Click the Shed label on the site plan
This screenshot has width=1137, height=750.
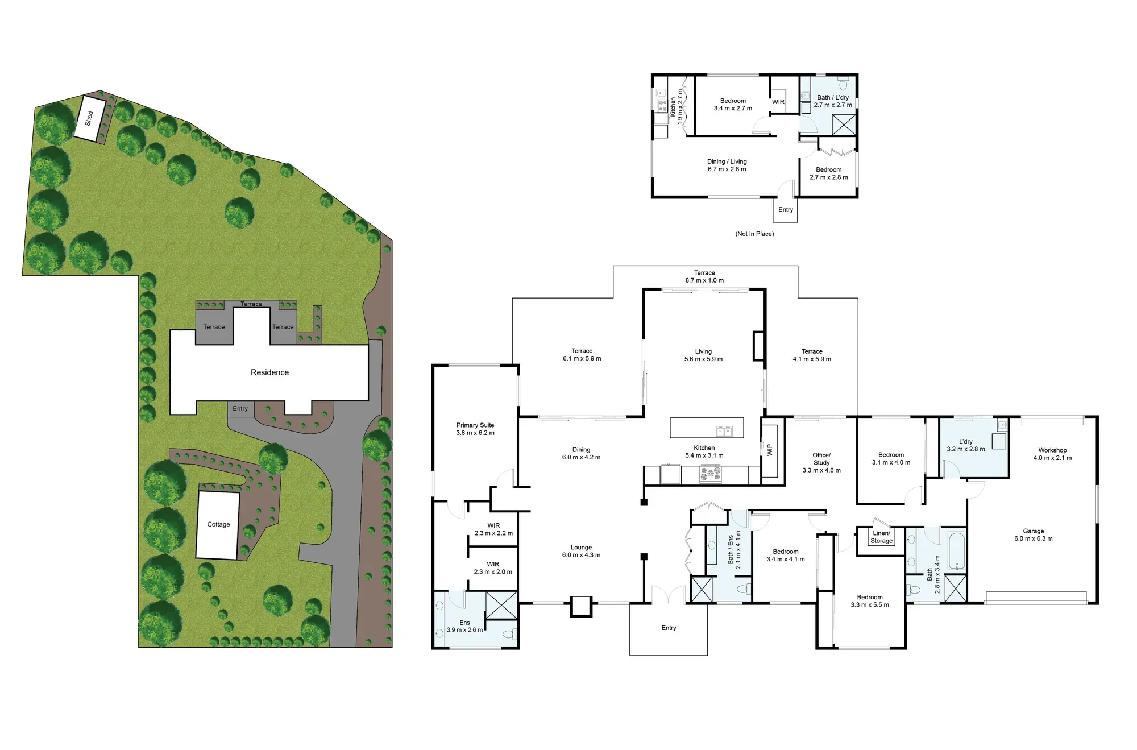tap(89, 118)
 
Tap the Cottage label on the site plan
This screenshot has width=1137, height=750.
tap(218, 524)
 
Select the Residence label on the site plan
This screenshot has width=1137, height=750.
tap(269, 372)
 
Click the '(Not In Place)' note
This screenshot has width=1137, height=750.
tap(754, 234)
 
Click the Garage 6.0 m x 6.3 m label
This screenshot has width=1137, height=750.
tap(1034, 534)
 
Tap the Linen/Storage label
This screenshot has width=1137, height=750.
tap(881, 537)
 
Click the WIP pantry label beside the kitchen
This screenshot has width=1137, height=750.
tap(770, 450)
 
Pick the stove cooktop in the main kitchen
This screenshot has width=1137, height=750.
tap(710, 474)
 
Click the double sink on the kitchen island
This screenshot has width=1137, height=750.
tap(724, 431)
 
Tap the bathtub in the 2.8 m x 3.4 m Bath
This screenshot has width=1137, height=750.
tap(956, 550)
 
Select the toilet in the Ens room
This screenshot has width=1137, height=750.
tap(509, 633)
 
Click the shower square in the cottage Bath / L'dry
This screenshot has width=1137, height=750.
tap(844, 125)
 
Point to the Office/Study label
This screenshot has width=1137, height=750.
tap(821, 462)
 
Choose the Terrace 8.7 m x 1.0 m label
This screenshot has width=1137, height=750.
tap(704, 276)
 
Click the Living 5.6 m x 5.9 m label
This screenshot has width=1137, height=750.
tap(703, 355)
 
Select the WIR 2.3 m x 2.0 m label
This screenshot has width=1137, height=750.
tap(493, 568)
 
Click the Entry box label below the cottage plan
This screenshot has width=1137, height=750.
tap(785, 210)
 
